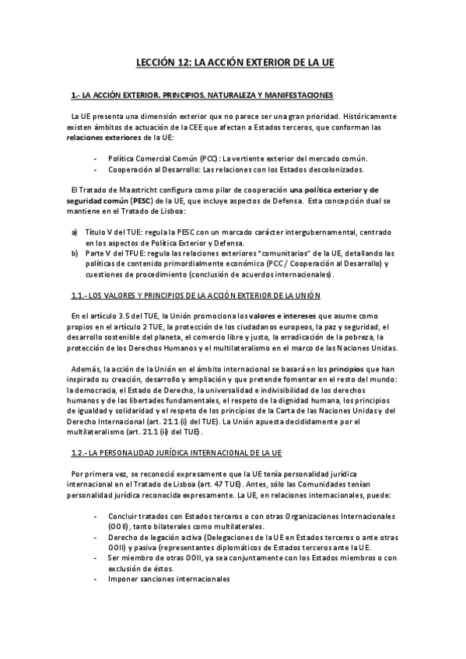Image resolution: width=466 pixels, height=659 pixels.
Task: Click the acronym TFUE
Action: click(123, 253)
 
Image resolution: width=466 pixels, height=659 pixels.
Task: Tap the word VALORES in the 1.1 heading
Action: click(129, 295)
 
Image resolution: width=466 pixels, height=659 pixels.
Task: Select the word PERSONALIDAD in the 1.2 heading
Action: click(124, 452)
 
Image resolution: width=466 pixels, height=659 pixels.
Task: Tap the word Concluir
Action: click(124, 516)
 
